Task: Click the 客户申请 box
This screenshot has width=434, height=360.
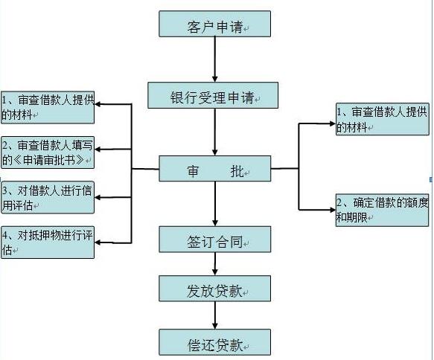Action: pyautogui.click(x=214, y=25)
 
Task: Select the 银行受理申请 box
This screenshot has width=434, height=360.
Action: pyautogui.click(x=214, y=97)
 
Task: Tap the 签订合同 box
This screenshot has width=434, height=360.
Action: pyautogui.click(x=214, y=240)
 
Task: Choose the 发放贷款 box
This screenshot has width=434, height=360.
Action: pyautogui.click(x=214, y=289)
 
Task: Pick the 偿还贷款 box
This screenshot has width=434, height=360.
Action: pyautogui.click(x=214, y=342)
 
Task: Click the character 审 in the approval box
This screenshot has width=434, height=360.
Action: pyautogui.click(x=191, y=170)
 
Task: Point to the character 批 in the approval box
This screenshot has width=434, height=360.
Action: pyautogui.click(x=237, y=170)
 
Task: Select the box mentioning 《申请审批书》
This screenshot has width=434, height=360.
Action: pyautogui.click(x=48, y=152)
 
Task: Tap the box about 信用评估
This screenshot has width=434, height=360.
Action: pyautogui.click(x=48, y=196)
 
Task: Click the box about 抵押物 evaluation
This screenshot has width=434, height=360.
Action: pyautogui.click(x=48, y=242)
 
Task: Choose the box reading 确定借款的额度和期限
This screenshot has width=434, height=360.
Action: pyautogui.click(x=382, y=210)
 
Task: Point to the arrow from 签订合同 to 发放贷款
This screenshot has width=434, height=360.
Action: pyautogui.click(x=214, y=265)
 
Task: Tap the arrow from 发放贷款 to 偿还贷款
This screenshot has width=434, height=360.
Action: pyautogui.click(x=214, y=315)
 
